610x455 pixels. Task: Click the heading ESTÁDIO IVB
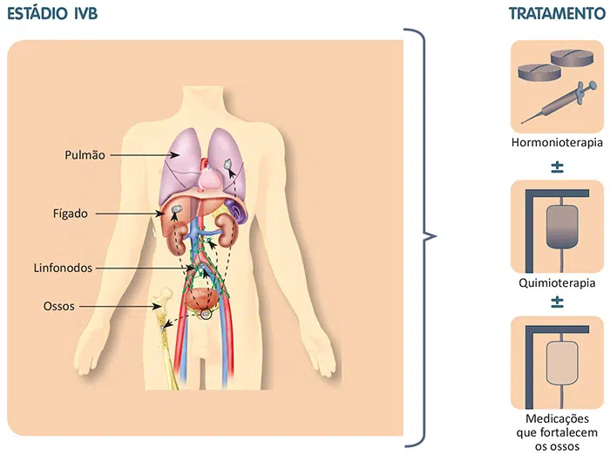(x=52, y=15)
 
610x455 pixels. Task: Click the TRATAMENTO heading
(x=556, y=15)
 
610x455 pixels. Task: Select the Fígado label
(x=70, y=213)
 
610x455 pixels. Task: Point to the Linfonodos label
(x=64, y=268)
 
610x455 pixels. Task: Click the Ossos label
(x=58, y=306)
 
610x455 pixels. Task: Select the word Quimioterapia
(x=557, y=282)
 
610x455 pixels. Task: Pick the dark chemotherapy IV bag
(x=557, y=228)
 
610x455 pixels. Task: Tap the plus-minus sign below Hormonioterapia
(x=557, y=165)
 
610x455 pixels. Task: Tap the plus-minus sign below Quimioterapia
(x=557, y=302)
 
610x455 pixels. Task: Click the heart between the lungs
(x=213, y=177)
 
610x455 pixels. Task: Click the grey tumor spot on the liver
(x=175, y=210)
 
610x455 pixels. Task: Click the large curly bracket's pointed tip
(x=433, y=235)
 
